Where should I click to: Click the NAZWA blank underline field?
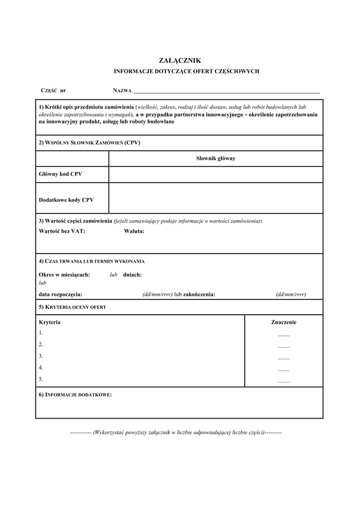coord(227,92)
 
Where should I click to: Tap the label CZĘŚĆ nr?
coord(53,90)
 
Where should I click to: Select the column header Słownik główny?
coord(215,158)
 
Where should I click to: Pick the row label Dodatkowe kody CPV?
coord(66,198)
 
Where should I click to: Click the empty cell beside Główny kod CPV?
coord(215,174)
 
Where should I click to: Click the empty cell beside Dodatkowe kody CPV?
coord(215,198)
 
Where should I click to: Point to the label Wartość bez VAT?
coord(62,231)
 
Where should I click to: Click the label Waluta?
coord(134,231)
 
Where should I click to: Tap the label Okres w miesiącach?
coord(64,274)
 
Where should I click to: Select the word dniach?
coord(132,274)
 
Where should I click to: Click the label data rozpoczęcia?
coord(61,294)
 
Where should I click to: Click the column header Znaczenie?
coord(284,322)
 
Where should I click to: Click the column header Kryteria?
coord(50,322)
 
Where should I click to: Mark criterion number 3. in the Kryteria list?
coord(41,356)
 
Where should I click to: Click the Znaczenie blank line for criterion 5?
coord(284,381)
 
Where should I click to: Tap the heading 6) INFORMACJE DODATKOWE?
coord(75,395)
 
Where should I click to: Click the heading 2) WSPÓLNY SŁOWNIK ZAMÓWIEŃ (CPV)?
coord(89,143)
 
